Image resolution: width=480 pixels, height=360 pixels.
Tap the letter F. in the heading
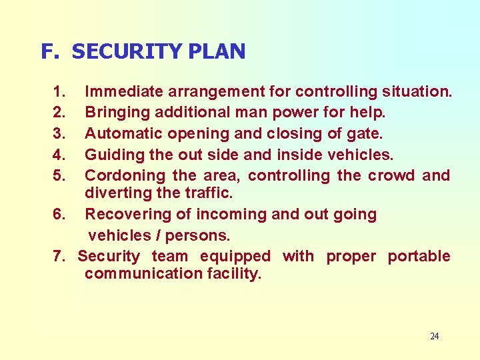point(51,51)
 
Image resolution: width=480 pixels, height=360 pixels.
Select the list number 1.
point(59,91)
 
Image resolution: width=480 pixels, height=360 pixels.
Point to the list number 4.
point(59,155)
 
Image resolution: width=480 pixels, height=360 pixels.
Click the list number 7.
point(59,256)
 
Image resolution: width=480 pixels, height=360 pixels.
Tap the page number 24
point(434,336)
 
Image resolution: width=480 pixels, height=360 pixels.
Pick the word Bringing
point(117,112)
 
